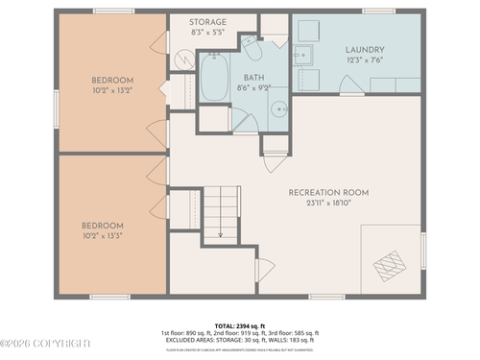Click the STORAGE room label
tap(207, 21)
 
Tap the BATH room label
tap(253, 77)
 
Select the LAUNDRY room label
tap(366, 50)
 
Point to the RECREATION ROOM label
tap(328, 192)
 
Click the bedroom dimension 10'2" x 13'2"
tap(112, 92)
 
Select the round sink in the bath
tap(276, 108)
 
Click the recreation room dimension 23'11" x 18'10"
tap(328, 204)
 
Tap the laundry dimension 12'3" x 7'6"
tap(366, 61)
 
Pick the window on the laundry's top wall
tap(378, 11)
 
